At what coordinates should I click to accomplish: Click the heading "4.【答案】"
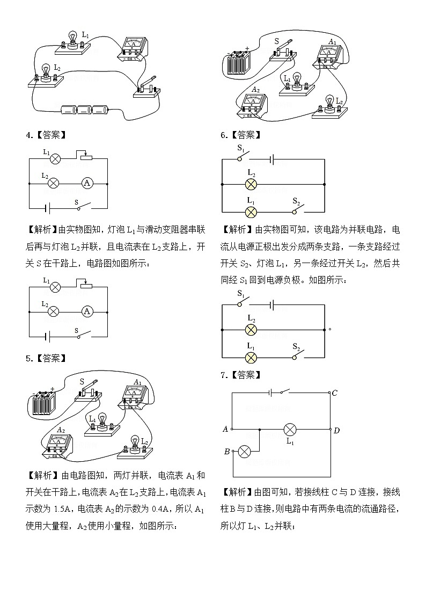pyautogui.click(x=46, y=135)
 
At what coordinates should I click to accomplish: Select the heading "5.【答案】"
pyautogui.click(x=46, y=358)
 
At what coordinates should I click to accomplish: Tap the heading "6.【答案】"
pyautogui.click(x=240, y=135)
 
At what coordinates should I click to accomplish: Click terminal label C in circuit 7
pyautogui.click(x=334, y=393)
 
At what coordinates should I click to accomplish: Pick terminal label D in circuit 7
pyautogui.click(x=336, y=430)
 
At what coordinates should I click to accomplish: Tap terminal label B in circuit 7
pyautogui.click(x=227, y=452)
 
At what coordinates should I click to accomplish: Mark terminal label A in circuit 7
pyautogui.click(x=225, y=429)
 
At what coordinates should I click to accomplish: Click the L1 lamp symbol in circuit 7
pyautogui.click(x=290, y=430)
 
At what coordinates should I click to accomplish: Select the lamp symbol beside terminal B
pyautogui.click(x=244, y=452)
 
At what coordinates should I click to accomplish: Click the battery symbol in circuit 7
pyautogui.click(x=272, y=393)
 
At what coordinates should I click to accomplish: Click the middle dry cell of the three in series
pyautogui.click(x=85, y=111)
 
